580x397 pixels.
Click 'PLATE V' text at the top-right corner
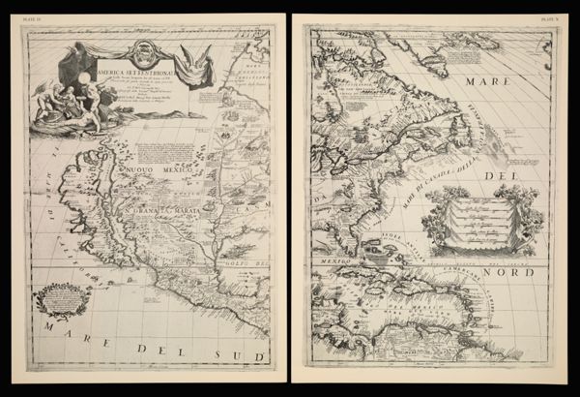point(552,16)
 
